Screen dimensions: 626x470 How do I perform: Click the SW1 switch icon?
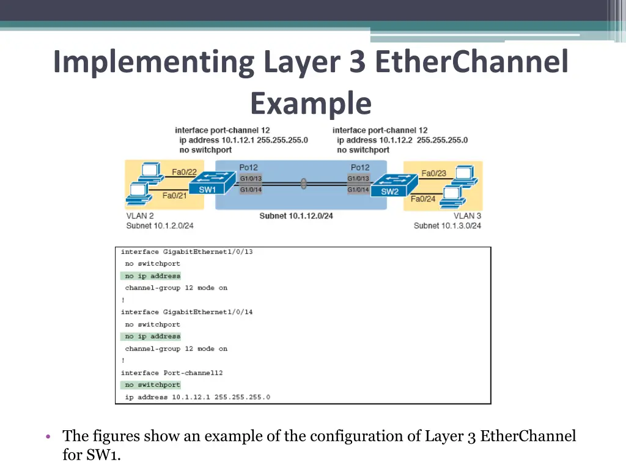(x=212, y=183)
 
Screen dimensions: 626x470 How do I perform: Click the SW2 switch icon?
(x=394, y=185)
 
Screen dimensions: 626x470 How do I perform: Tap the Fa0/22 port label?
(x=184, y=172)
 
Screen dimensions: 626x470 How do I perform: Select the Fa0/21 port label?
(x=174, y=195)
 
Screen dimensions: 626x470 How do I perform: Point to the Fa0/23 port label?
(x=433, y=173)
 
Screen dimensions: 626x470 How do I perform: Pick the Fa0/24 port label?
(x=423, y=199)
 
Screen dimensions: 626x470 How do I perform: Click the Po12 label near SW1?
(x=248, y=168)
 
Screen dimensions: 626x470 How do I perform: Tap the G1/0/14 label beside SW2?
(x=358, y=190)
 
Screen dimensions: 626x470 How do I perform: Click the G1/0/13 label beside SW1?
(x=251, y=178)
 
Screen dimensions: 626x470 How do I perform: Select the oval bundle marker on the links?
(x=303, y=184)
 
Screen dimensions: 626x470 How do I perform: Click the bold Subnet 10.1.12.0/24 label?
(x=296, y=216)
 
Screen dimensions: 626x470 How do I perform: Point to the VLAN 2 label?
(x=140, y=216)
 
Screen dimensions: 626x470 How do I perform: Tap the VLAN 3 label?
(x=467, y=216)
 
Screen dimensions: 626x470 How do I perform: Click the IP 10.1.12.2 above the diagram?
(x=396, y=140)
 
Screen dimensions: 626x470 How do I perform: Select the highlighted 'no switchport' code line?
(x=150, y=385)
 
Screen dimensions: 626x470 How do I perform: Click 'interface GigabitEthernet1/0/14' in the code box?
(x=187, y=311)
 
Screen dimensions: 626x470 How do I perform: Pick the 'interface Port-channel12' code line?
(x=172, y=373)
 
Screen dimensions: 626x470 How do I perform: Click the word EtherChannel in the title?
(x=471, y=62)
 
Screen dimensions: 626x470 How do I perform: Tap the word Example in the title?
(x=311, y=103)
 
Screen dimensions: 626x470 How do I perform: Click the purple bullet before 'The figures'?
(x=48, y=436)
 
